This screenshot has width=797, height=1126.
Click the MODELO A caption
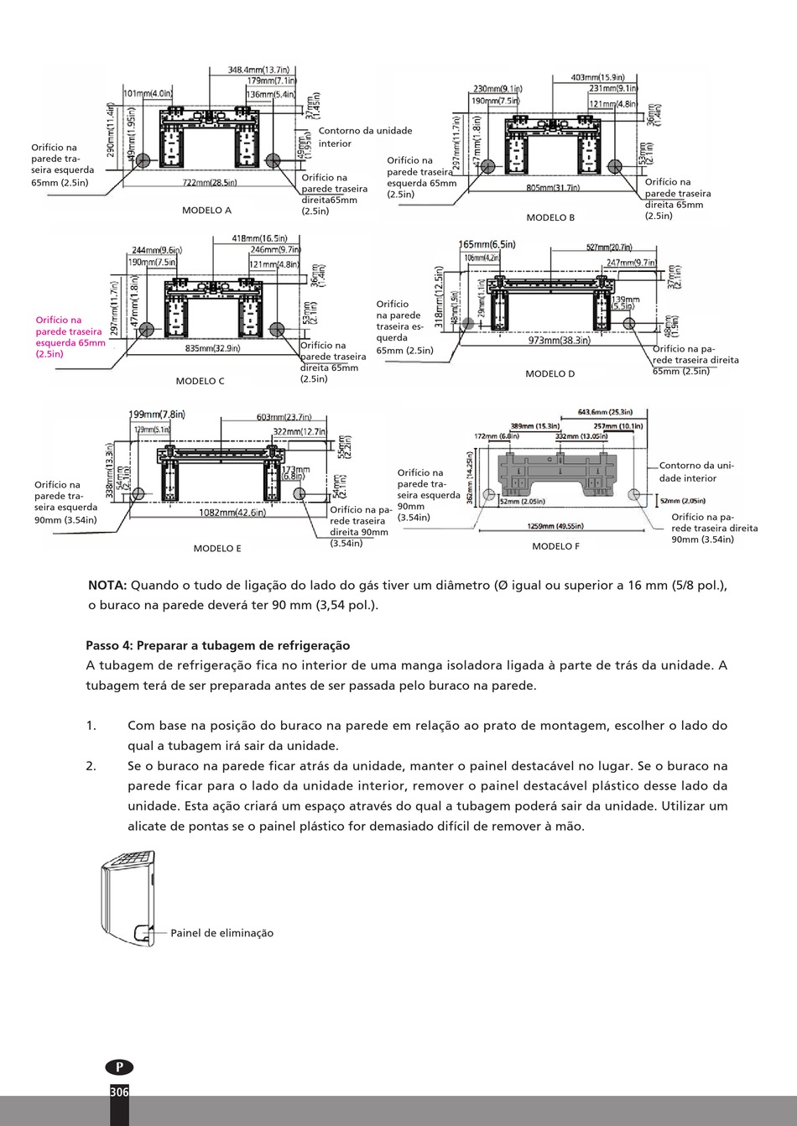click(x=206, y=211)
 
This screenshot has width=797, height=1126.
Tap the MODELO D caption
click(x=550, y=374)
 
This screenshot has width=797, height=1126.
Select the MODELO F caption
click(x=555, y=546)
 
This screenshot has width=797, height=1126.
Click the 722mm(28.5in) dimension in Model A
click(x=210, y=182)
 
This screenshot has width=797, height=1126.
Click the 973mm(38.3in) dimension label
click(x=560, y=340)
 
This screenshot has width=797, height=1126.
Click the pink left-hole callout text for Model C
click(x=70, y=336)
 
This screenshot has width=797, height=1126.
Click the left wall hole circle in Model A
click(x=143, y=159)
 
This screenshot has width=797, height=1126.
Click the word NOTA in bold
click(x=107, y=585)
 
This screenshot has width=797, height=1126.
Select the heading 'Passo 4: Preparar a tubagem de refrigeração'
click(x=217, y=645)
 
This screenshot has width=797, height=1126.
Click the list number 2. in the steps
click(x=91, y=766)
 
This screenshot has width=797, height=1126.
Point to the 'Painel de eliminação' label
click(x=221, y=933)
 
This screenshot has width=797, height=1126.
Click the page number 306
click(x=119, y=1092)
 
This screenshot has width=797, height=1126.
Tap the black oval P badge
click(x=119, y=1067)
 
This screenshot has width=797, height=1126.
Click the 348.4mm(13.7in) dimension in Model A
click(x=258, y=70)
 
